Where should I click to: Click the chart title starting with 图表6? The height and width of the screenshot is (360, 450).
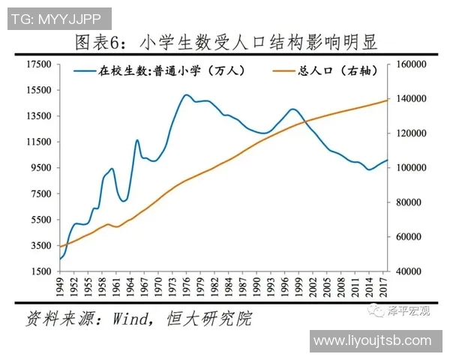click(225, 43)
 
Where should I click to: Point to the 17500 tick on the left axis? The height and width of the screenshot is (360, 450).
click(37, 64)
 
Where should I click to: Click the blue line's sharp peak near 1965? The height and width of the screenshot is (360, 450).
click(137, 139)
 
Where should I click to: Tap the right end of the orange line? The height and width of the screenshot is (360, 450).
click(388, 100)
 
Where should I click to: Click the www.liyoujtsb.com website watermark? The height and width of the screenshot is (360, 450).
click(372, 340)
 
